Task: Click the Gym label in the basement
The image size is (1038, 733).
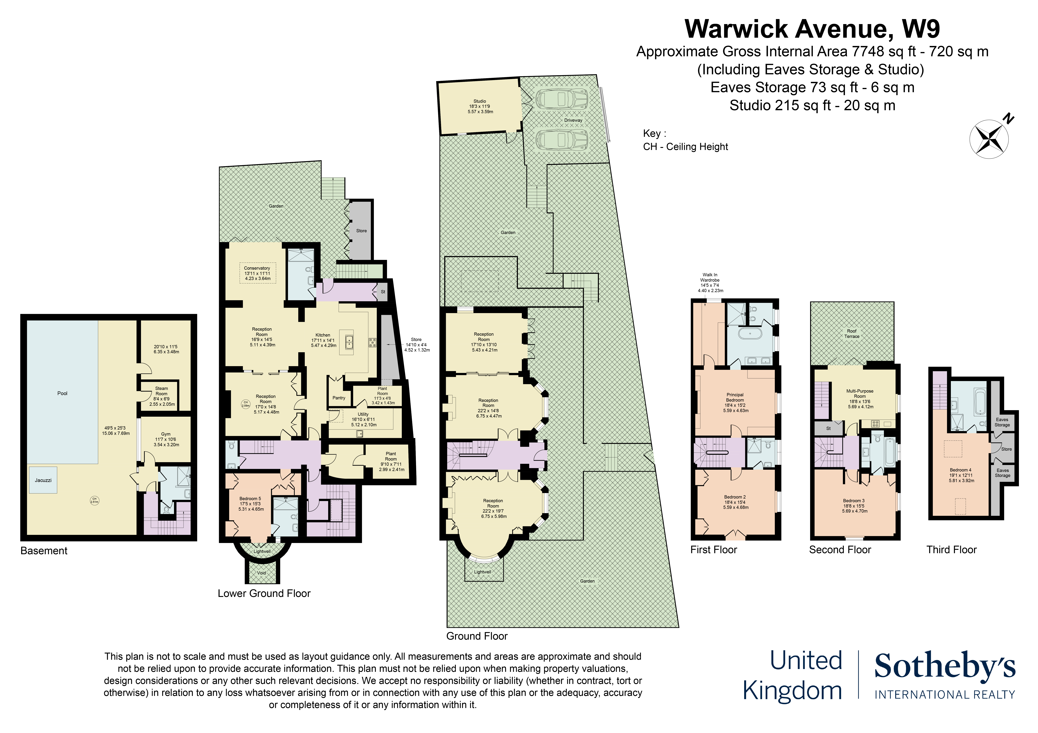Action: pos(166,434)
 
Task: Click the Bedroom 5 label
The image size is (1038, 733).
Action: pos(250,499)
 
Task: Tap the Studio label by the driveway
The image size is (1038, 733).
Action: pos(480,101)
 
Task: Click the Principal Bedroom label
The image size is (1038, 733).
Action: pos(735,397)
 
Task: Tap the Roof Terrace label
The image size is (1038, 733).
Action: pos(852,334)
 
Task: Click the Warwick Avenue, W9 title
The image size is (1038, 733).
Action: pos(812,29)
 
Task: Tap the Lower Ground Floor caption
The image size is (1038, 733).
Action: pos(264,593)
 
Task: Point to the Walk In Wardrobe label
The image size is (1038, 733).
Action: pos(710,277)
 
